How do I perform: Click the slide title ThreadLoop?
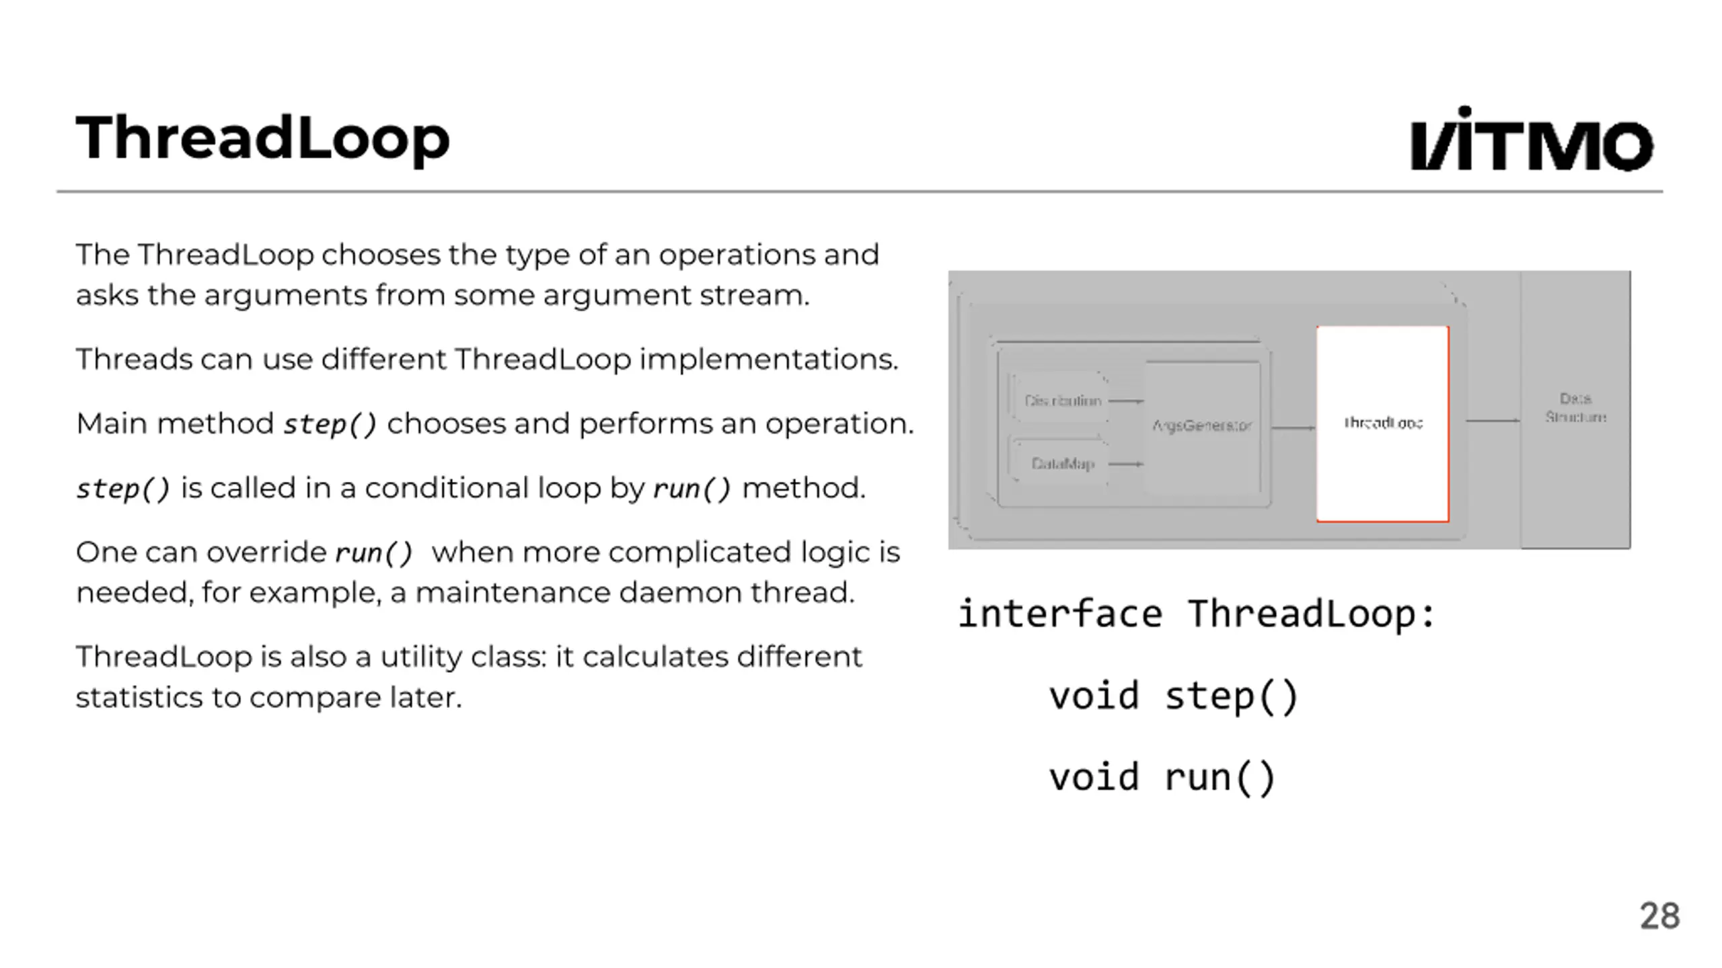[x=262, y=138]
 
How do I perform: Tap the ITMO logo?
[x=1531, y=140]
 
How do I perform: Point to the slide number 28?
[x=1659, y=916]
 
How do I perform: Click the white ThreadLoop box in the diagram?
[x=1382, y=424]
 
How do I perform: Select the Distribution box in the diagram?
[x=1061, y=401]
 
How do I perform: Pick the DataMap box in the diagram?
[x=1061, y=464]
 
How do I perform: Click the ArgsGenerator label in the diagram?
[x=1201, y=426]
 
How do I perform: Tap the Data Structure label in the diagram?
[x=1575, y=408]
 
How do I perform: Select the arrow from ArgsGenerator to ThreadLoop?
[x=1292, y=428]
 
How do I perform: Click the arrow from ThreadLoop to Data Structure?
[x=1491, y=421]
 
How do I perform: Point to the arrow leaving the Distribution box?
[x=1125, y=401]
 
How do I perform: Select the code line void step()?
[x=1173, y=696]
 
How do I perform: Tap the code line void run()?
[x=1162, y=778]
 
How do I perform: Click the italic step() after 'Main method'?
[x=330, y=424]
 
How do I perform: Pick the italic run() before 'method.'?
[x=691, y=489]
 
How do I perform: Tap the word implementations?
[x=768, y=360]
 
